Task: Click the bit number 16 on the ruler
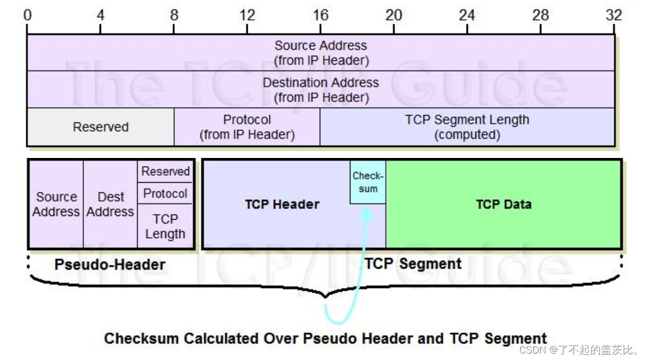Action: tap(320, 15)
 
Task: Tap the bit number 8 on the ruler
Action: tap(174, 15)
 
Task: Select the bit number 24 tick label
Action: tap(467, 15)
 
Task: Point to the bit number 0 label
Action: tap(28, 15)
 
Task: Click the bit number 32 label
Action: tap(613, 15)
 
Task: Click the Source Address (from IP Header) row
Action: tap(321, 53)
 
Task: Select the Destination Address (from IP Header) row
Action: tap(321, 90)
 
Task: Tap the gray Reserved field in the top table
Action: tap(101, 127)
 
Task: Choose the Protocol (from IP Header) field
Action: tap(247, 127)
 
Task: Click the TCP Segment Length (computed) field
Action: tap(467, 127)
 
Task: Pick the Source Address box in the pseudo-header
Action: tap(56, 204)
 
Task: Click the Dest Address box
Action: tap(110, 204)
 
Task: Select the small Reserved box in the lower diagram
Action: tap(165, 171)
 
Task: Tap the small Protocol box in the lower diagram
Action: tap(165, 193)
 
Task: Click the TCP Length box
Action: tap(165, 226)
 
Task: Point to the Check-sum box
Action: tap(368, 182)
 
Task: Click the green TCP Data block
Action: tap(504, 204)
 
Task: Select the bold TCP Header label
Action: tap(282, 204)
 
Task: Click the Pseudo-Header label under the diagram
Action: tap(110, 265)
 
